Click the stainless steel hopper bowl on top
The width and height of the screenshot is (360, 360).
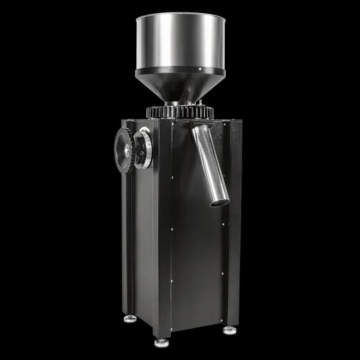point(180,44)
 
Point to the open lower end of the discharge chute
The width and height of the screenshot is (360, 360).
point(220,202)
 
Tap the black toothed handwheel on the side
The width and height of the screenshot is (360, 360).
point(123,150)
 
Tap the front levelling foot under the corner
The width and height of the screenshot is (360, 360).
point(161,342)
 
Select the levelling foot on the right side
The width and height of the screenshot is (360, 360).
point(230,329)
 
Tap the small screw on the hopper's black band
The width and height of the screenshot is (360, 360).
point(200,69)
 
